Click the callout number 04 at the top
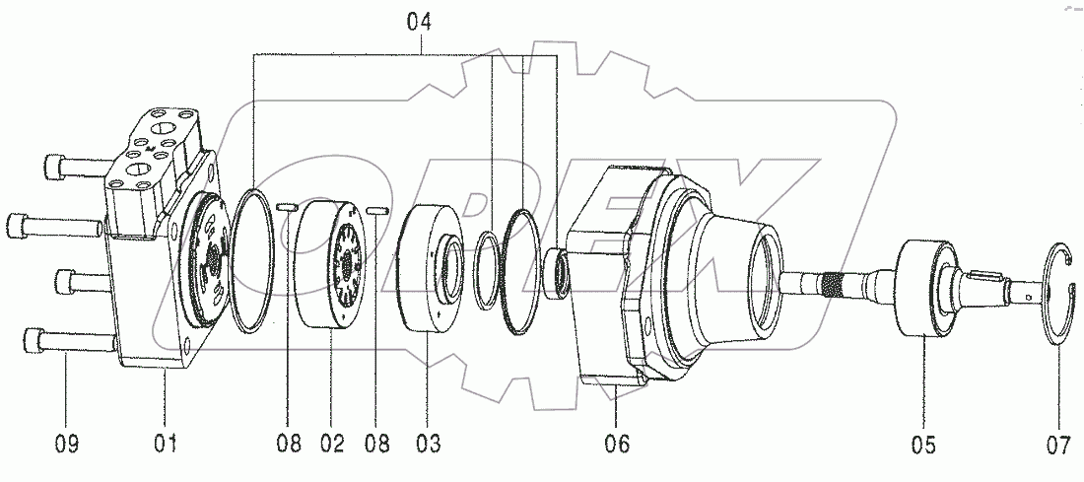coord(419,20)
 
